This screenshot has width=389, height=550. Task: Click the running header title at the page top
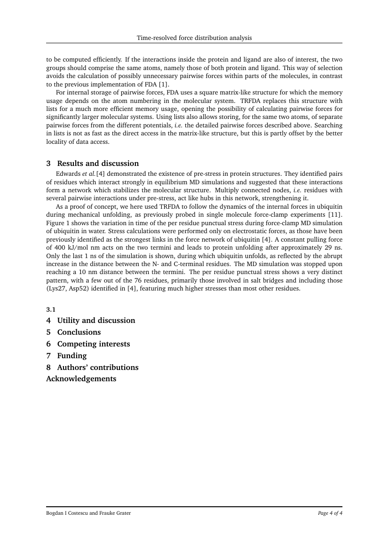pyautogui.click(x=194, y=38)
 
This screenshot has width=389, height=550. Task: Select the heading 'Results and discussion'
pyautogui.click(x=98, y=164)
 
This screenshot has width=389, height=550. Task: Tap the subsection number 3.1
pyautogui.click(x=51, y=309)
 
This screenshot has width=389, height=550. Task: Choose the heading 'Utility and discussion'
pyautogui.click(x=96, y=321)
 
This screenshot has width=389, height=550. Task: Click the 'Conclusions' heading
pyautogui.click(x=79, y=332)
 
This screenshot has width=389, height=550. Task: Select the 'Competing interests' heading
pyautogui.click(x=94, y=344)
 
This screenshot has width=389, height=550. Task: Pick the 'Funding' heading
pyautogui.click(x=72, y=356)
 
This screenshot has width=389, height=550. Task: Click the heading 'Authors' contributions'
pyautogui.click(x=98, y=368)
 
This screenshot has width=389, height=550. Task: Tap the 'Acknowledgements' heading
pyautogui.click(x=81, y=379)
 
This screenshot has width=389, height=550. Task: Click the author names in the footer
pyautogui.click(x=88, y=513)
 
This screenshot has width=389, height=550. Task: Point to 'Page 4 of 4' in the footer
pyautogui.click(x=330, y=513)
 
